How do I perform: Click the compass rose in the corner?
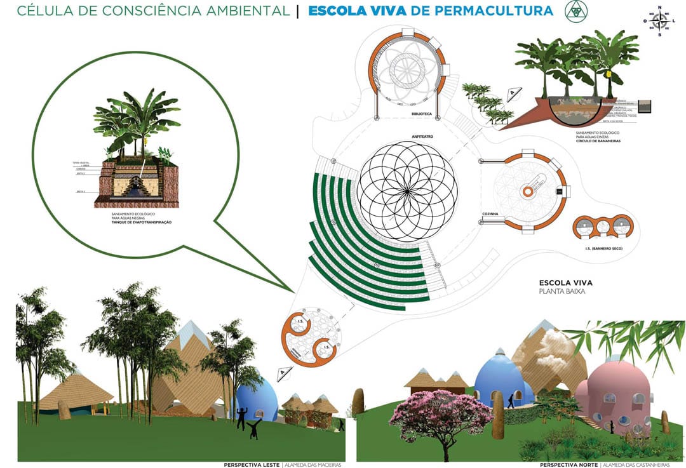pyautogui.click(x=661, y=22)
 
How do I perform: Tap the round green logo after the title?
pyautogui.click(x=576, y=10)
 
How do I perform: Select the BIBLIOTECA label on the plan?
pyautogui.click(x=422, y=114)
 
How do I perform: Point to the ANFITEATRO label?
pyautogui.click(x=405, y=137)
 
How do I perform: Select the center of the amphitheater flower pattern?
pyautogui.click(x=407, y=191)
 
